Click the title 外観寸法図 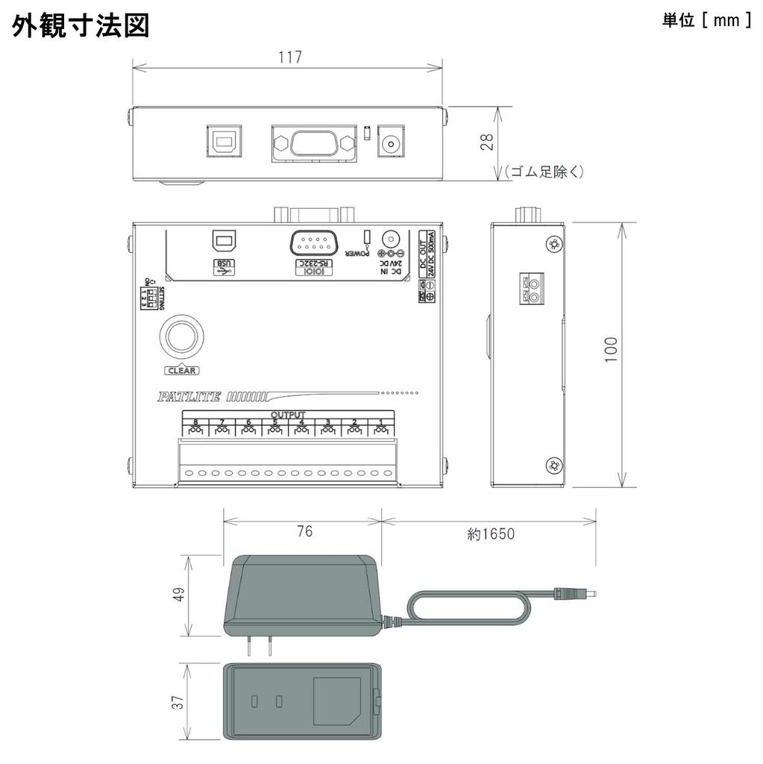click(x=81, y=25)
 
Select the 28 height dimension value click(x=486, y=142)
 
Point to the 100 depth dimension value click(x=612, y=350)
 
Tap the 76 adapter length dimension click(x=304, y=532)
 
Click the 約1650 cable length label click(x=491, y=533)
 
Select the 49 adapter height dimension click(x=178, y=595)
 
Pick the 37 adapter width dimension click(x=178, y=703)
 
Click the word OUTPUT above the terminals click(x=288, y=414)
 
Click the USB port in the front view click(x=222, y=141)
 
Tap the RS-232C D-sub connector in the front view click(x=313, y=142)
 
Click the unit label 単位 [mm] click(x=706, y=20)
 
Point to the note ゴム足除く click(x=543, y=172)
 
